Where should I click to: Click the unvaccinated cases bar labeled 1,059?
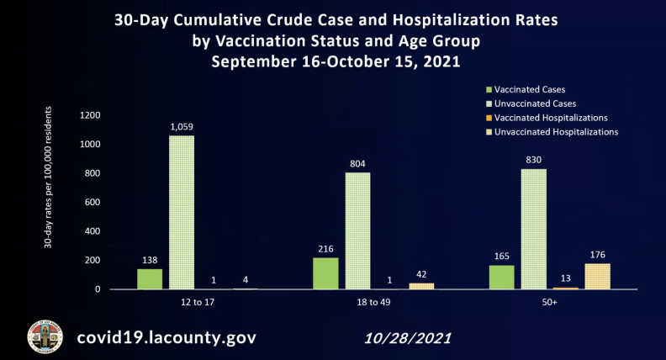(182, 212)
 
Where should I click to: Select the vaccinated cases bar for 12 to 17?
(150, 279)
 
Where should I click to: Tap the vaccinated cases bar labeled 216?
(325, 273)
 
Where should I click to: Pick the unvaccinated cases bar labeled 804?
(357, 230)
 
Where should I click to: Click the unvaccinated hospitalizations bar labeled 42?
(421, 286)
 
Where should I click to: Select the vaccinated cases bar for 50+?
(501, 277)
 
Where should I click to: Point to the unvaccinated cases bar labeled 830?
(534, 229)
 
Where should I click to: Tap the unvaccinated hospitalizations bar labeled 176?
(597, 276)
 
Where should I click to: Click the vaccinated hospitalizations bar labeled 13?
(565, 288)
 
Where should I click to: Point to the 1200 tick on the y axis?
(90, 115)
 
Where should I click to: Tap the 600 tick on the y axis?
(92, 202)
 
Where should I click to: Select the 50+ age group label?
(549, 300)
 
